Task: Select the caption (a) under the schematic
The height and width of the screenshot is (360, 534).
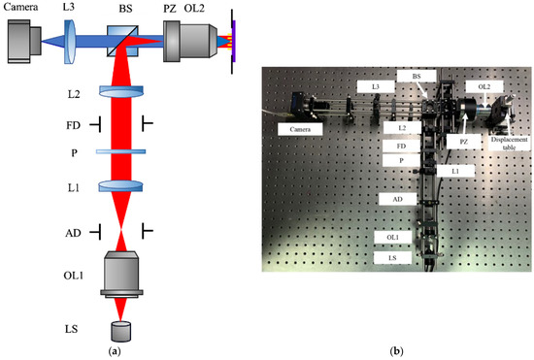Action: pyautogui.click(x=117, y=348)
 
